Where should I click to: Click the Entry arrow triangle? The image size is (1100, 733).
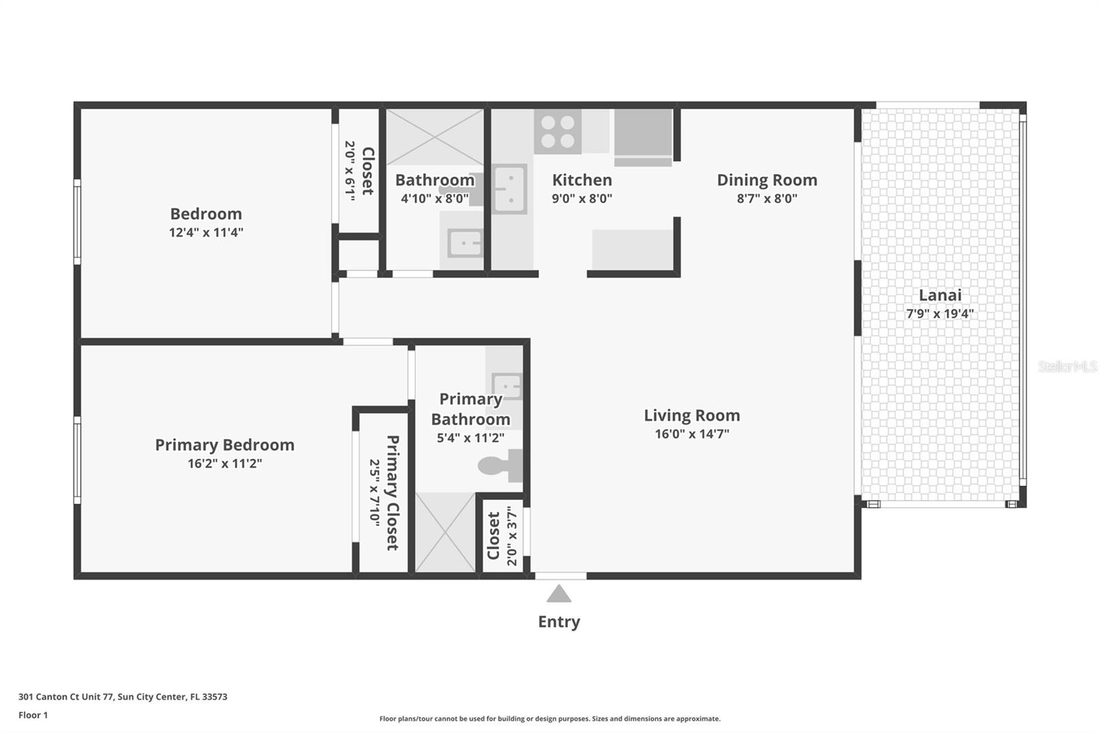pos(559,594)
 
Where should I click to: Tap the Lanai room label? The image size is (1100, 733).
pos(940,295)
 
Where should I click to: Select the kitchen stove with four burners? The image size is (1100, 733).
pos(558,132)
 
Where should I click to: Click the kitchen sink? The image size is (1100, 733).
pos(509,189)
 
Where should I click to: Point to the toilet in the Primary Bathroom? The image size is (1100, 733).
pos(498,466)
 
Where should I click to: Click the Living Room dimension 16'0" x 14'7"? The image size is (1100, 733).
pos(692,434)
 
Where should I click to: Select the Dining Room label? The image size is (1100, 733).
pos(767,180)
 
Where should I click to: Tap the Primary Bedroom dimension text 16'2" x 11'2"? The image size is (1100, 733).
pos(225,463)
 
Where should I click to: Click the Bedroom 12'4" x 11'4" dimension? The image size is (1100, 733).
pos(206,232)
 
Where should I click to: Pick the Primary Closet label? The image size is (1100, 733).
pos(393,492)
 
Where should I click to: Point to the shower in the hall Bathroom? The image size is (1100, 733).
pos(434,137)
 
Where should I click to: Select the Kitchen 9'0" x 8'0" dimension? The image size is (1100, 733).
pos(582,199)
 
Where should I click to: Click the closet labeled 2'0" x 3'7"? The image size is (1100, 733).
pos(502,536)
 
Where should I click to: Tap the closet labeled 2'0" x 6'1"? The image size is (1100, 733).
pos(359,171)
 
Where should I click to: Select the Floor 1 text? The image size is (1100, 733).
pos(33,715)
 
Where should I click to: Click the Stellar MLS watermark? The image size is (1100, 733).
pos(1067,366)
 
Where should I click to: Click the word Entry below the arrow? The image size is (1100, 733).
pos(559,622)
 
